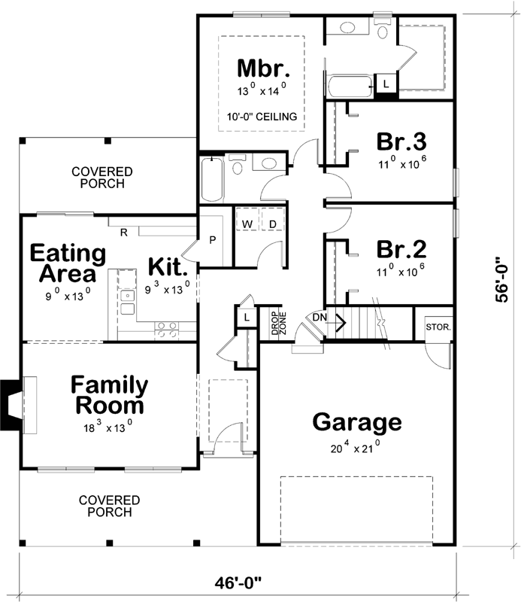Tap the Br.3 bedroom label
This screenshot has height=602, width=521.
[401, 141]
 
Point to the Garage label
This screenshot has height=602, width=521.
[357, 421]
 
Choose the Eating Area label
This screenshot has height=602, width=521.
[63, 262]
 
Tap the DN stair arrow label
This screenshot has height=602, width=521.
[320, 318]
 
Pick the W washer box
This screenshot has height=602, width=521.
[247, 223]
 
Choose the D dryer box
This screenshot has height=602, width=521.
[272, 223]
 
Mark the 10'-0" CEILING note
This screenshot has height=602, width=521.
[261, 117]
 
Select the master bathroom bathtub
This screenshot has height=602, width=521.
[350, 85]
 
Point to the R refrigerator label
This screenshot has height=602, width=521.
[122, 231]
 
